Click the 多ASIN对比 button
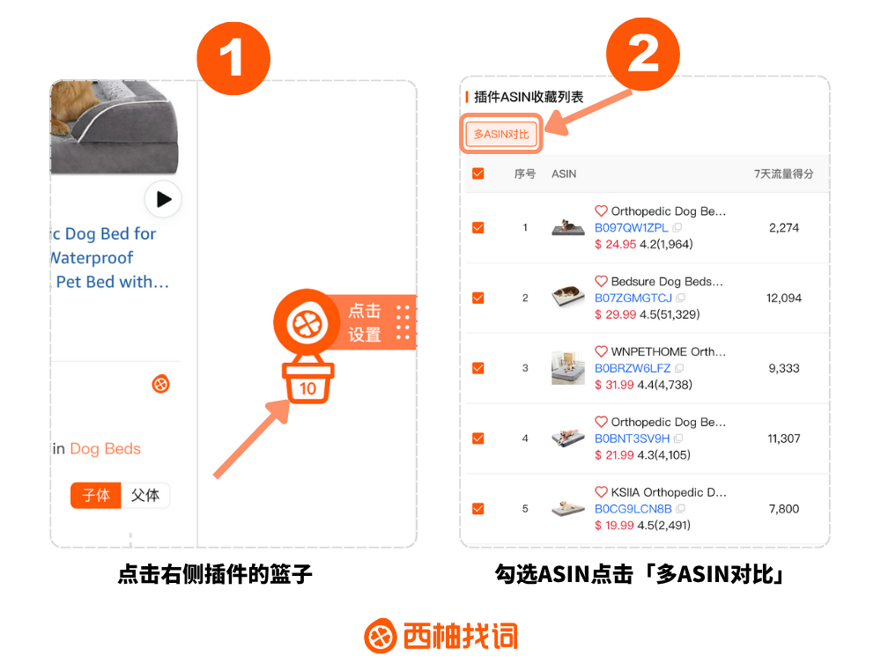point(501,134)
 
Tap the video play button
point(163,199)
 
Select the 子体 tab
point(96,495)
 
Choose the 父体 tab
point(145,495)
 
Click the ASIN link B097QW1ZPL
point(631,227)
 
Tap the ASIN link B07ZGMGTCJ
point(633,298)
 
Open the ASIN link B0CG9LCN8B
point(633,509)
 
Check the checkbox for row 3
point(478,368)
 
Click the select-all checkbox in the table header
point(478,173)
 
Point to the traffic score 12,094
point(784,299)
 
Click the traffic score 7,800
point(784,509)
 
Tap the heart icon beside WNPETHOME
point(601,351)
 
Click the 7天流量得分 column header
point(783,174)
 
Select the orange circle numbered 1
point(233,58)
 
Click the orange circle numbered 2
point(643,54)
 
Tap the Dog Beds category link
point(105,448)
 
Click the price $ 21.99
point(614,455)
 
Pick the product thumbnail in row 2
point(568,297)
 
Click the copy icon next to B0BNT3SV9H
point(678,438)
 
